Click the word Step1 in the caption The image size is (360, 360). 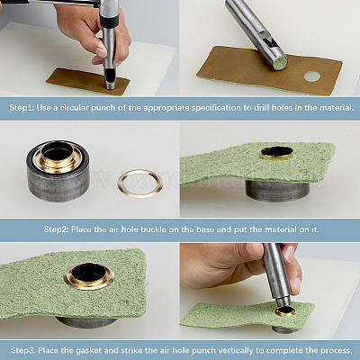pyautogui.click(x=22, y=108)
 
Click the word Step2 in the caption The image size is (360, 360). pyautogui.click(x=57, y=229)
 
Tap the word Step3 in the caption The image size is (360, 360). pyautogui.click(x=23, y=350)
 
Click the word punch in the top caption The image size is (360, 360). pyautogui.click(x=103, y=108)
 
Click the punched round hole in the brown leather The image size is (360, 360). pyautogui.click(x=312, y=76)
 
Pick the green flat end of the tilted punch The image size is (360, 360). pyautogui.click(x=281, y=63)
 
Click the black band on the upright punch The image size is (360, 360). pyautogui.click(x=108, y=22)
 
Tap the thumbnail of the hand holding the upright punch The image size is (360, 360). pyautogui.click(x=101, y=52)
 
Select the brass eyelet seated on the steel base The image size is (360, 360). pyautogui.click(x=57, y=157)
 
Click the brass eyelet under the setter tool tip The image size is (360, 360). pyautogui.click(x=286, y=312)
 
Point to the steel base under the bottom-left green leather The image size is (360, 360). pyautogui.click(x=87, y=322)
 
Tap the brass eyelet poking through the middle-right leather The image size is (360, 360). pyautogui.click(x=277, y=153)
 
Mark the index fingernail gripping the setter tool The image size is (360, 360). pyautogui.click(x=289, y=253)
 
